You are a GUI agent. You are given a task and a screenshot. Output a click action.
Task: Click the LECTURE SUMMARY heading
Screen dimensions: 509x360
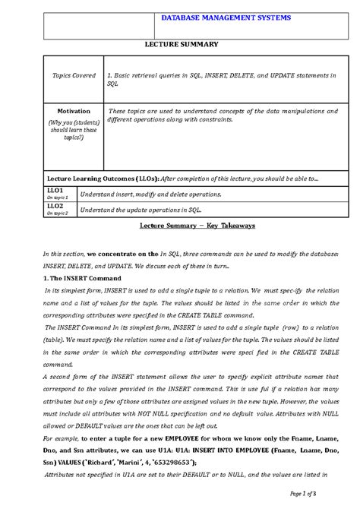182,45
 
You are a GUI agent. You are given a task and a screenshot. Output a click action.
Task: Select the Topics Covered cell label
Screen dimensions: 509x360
74,76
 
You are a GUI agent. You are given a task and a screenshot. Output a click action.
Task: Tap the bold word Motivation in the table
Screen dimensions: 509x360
74,111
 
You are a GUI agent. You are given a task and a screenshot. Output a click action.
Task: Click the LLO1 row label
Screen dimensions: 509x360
55,190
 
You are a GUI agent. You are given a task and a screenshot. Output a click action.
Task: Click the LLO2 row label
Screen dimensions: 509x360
55,205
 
